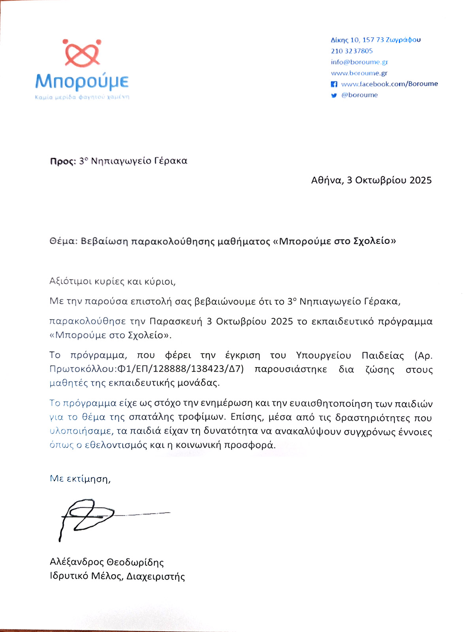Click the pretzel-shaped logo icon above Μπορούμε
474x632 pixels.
[82, 53]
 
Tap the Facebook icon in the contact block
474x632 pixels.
[334, 84]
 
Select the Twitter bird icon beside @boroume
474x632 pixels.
[334, 95]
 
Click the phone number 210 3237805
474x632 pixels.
[352, 51]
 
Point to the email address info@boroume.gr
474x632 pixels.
[359, 62]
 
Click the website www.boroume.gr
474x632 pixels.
[359, 73]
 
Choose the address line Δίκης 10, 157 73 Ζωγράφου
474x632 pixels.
[375, 40]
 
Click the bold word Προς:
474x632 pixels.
[62, 161]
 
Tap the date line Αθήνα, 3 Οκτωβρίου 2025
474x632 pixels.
[371, 181]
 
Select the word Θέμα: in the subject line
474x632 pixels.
[63, 241]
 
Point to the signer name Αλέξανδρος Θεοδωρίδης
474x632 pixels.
[107, 562]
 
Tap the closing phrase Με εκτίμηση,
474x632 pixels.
[80, 479]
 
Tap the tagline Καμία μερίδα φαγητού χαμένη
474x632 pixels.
[82, 97]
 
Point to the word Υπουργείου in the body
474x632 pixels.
[323, 355]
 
